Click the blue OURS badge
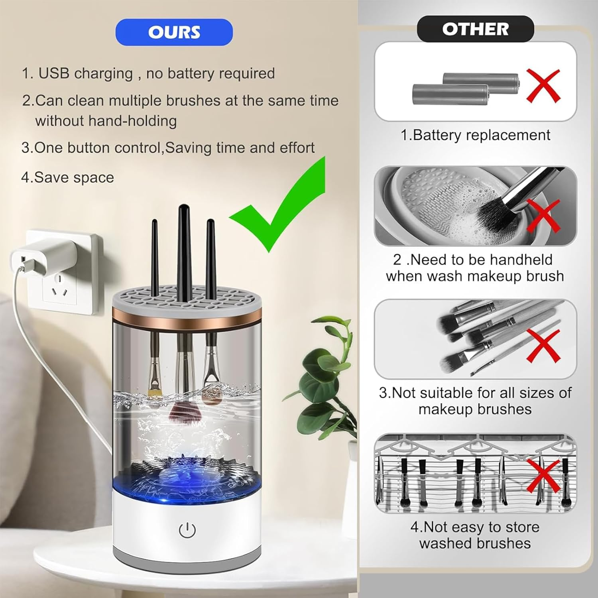174,32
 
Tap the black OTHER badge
475,29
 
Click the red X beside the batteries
543,85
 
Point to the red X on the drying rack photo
543,476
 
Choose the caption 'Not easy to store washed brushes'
475,535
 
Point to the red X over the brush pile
543,345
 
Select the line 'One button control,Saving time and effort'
168,148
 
